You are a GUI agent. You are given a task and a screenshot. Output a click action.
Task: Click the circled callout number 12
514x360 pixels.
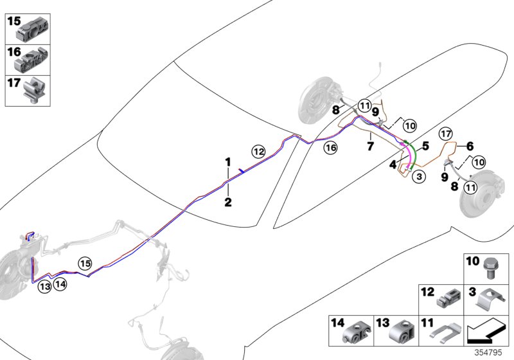click(x=258, y=152)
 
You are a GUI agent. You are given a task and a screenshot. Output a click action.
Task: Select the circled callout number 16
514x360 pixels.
click(x=330, y=148)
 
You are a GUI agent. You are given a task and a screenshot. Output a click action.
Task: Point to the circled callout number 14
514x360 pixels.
click(x=60, y=283)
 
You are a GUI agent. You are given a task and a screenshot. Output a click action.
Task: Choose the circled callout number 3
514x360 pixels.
click(x=418, y=175)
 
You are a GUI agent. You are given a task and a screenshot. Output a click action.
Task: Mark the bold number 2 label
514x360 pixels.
click(x=227, y=203)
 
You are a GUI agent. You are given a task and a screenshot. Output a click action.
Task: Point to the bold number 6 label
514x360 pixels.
click(x=470, y=145)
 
